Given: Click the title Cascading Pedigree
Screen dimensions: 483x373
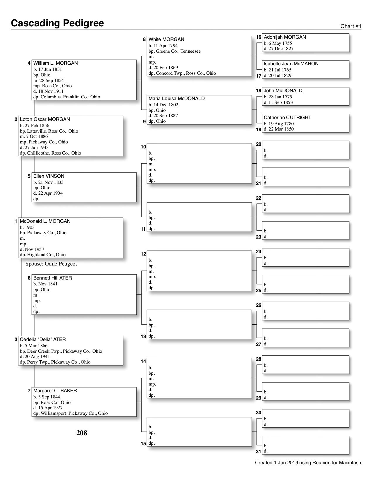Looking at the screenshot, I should (x=57, y=23).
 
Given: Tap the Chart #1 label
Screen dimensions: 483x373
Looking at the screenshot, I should (x=351, y=26).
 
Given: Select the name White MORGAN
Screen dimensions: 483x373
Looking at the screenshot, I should (x=166, y=39).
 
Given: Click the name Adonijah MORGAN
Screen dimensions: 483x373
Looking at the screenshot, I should (x=285, y=37).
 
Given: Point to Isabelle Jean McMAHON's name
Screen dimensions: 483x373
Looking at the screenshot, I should (x=291, y=64).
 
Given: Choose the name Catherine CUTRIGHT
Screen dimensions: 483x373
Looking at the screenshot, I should (x=287, y=118).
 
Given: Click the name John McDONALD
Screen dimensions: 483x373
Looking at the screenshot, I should (x=283, y=91).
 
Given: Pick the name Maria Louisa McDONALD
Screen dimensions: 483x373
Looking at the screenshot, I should (x=176, y=99).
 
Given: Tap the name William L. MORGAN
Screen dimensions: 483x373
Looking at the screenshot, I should (x=55, y=63).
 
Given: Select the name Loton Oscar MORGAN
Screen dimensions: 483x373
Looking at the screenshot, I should (x=45, y=119).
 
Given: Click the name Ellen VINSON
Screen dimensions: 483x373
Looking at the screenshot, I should (x=49, y=176).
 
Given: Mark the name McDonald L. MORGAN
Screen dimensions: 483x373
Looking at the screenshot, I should (x=45, y=221).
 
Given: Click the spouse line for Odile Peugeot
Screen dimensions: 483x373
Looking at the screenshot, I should (x=51, y=264).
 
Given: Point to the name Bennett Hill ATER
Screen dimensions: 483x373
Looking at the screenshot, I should (x=52, y=278).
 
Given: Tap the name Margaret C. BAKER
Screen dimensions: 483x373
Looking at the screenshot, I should (x=55, y=391).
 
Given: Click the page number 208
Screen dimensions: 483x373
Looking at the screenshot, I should (x=82, y=433).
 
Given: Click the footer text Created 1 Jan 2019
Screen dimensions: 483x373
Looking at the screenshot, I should (x=308, y=463).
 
